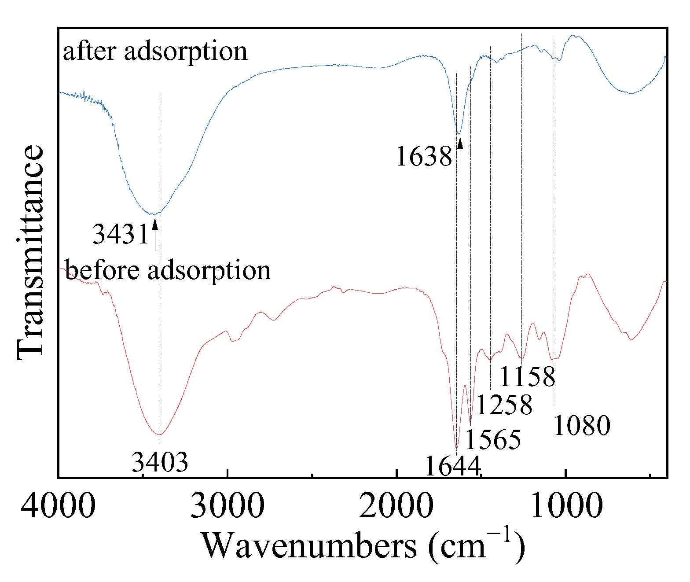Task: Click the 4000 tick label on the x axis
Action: (58, 505)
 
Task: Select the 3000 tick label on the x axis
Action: (227, 505)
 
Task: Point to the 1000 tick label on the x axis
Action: (566, 505)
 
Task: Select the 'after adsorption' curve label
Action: (155, 52)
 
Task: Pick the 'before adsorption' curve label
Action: (167, 270)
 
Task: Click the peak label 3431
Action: (121, 234)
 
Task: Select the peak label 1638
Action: (424, 156)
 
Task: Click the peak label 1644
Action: (452, 466)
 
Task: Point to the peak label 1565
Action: (493, 439)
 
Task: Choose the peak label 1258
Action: (504, 405)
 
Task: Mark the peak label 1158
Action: (527, 377)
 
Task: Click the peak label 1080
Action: (582, 426)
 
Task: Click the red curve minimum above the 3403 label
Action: (160, 434)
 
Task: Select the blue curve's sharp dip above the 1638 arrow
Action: (459, 133)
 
